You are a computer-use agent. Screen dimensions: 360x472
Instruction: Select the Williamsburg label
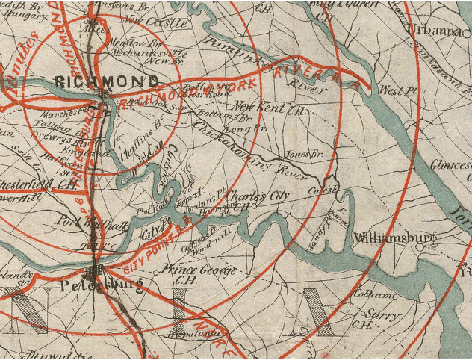[x=394, y=239]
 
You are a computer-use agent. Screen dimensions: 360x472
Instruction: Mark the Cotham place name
[x=367, y=294]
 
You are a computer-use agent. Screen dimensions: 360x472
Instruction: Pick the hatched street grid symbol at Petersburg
[x=96, y=270]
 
